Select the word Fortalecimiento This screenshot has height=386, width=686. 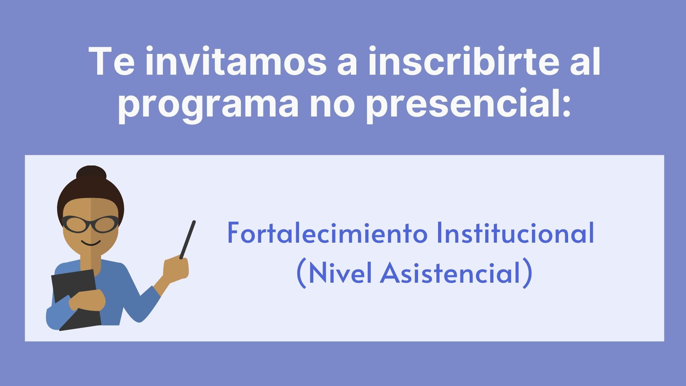[328, 233]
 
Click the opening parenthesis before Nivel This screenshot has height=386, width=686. [301, 274]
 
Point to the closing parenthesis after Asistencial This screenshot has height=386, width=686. [527, 274]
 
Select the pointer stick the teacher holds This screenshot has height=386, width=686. [188, 239]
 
